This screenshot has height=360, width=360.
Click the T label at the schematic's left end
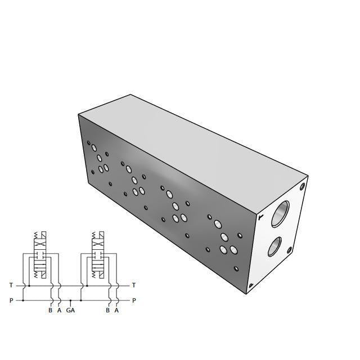pos(11,285)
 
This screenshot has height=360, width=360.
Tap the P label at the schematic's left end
pos(11,300)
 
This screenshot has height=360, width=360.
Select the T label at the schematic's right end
pos(133,285)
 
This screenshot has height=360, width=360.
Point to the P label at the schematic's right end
pos(133,300)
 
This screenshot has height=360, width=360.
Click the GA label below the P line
pos(70,310)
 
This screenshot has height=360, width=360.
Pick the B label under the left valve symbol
pos(50,310)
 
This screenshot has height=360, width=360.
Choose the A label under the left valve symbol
pos(59,310)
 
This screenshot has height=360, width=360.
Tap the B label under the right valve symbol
pos(108,310)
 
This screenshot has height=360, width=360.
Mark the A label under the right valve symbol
pos(116,310)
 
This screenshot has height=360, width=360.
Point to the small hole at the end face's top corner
pos(303,186)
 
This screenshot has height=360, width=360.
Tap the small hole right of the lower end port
pos(290,250)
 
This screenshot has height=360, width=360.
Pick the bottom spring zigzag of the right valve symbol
pos(96,274)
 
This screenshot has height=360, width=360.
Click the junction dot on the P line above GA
pos(70,300)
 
